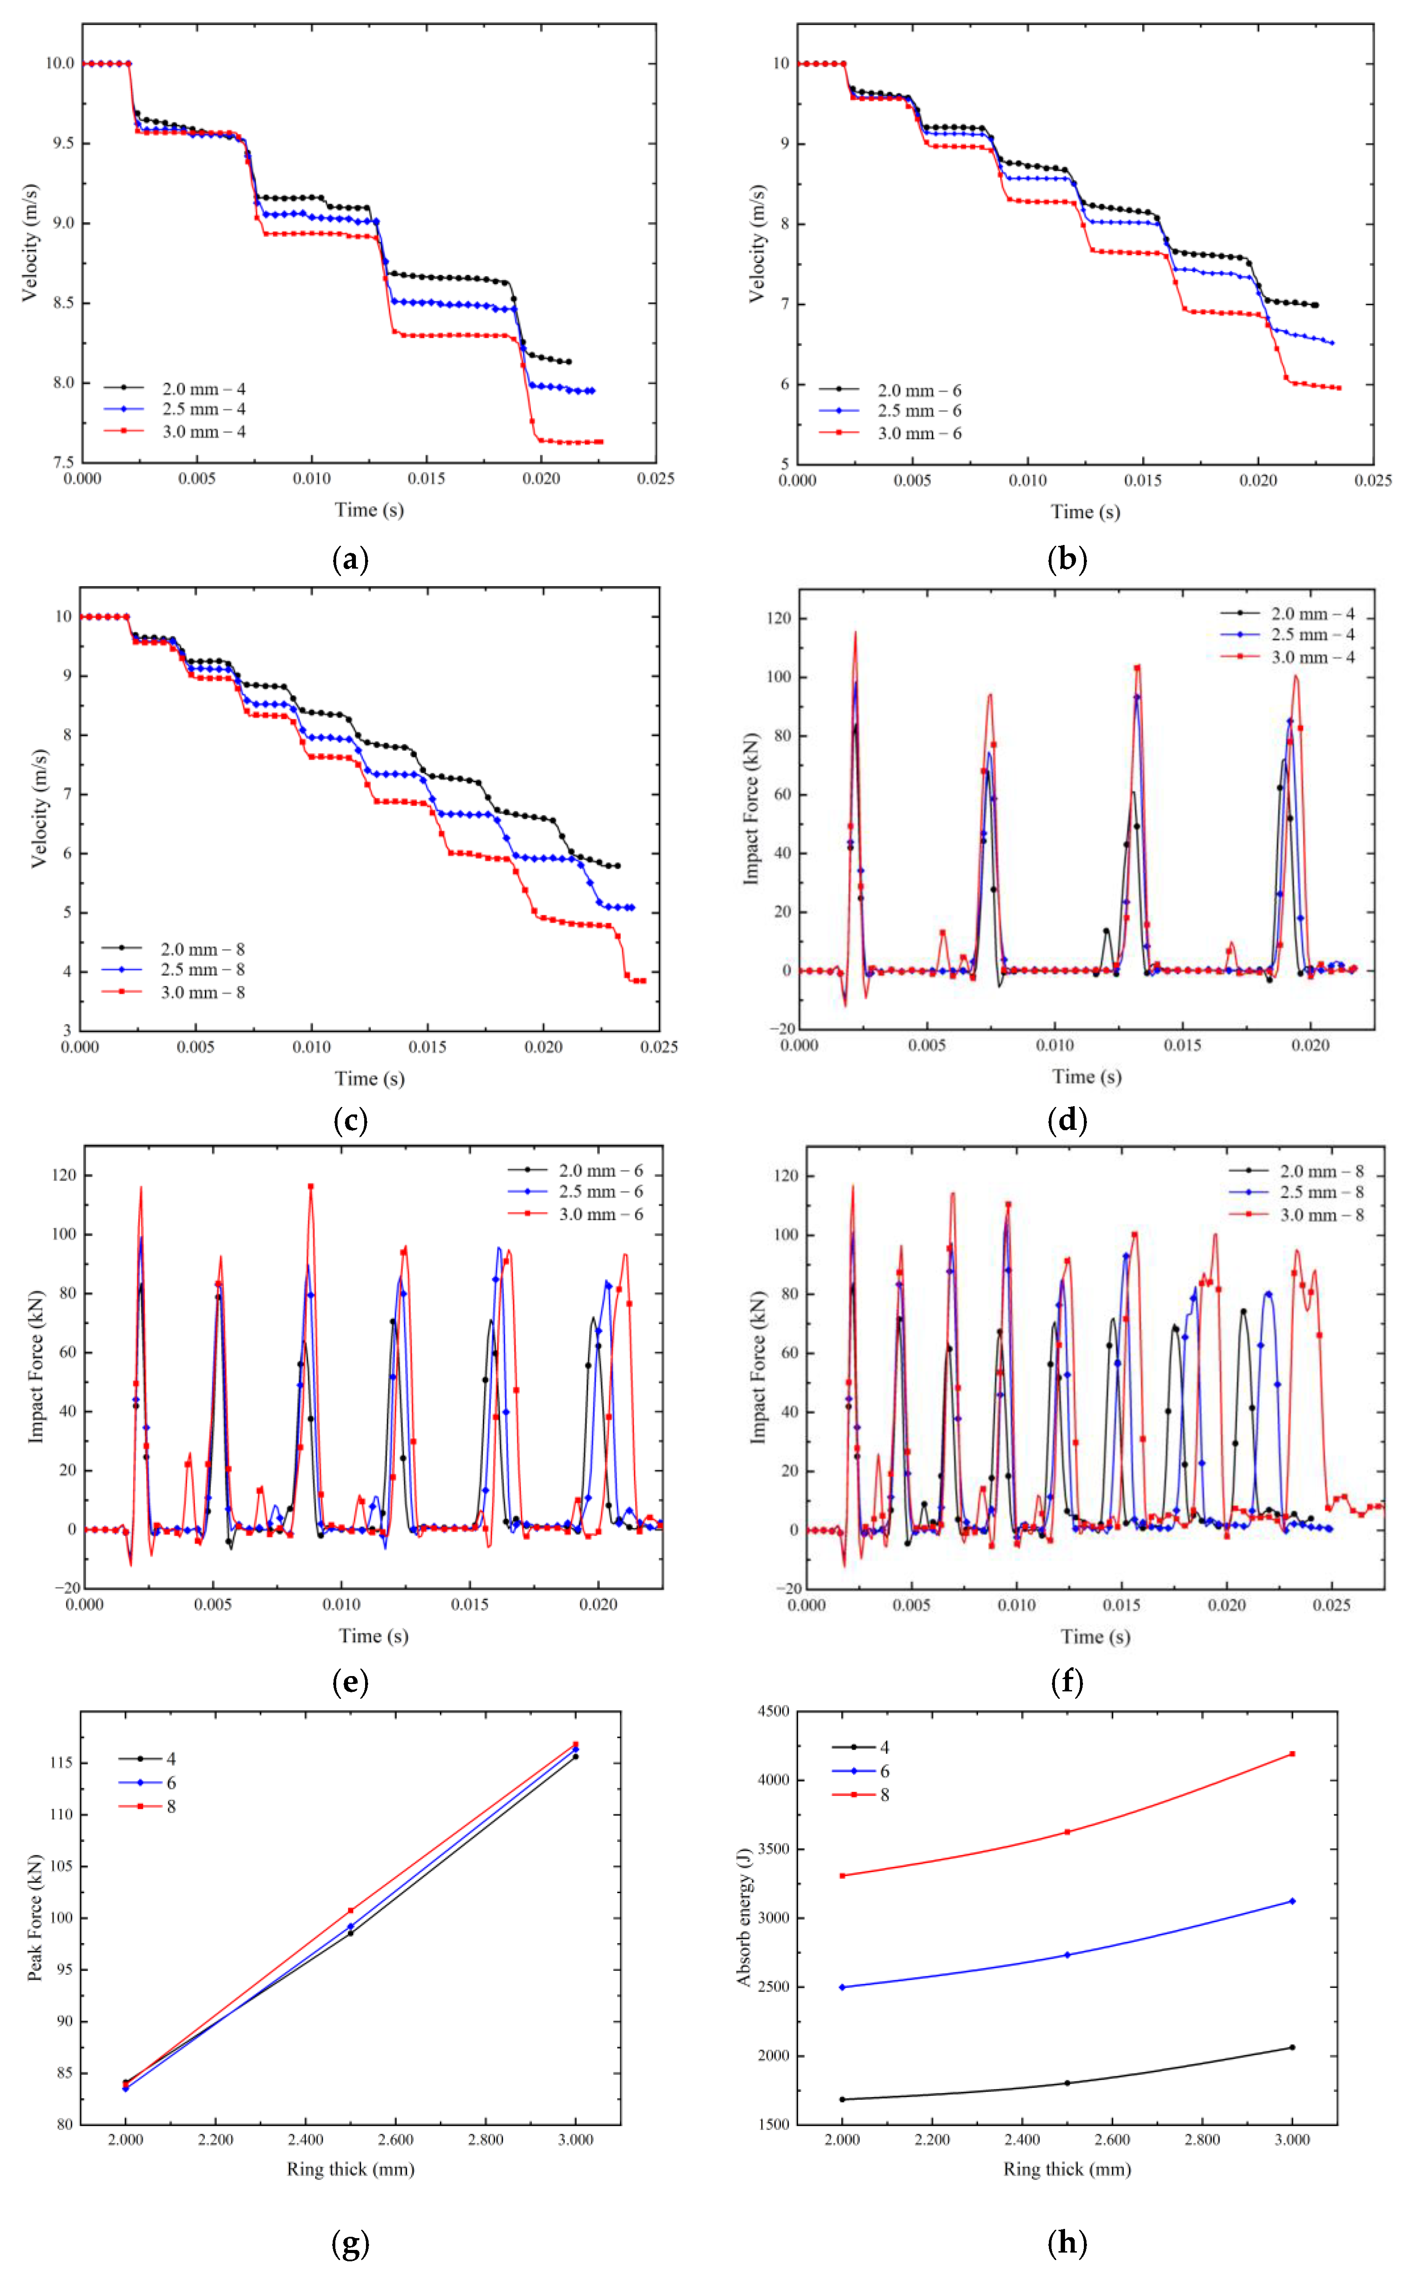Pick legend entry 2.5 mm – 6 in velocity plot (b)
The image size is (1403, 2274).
(x=919, y=411)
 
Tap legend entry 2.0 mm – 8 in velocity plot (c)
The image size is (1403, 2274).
(x=202, y=949)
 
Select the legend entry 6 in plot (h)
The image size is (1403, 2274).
(x=884, y=1771)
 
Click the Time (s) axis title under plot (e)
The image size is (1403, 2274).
(x=373, y=1636)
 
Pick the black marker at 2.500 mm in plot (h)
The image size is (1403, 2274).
(x=1067, y=2083)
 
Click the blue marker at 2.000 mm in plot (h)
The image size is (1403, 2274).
(x=842, y=1987)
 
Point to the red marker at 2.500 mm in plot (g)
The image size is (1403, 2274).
(x=351, y=1910)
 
